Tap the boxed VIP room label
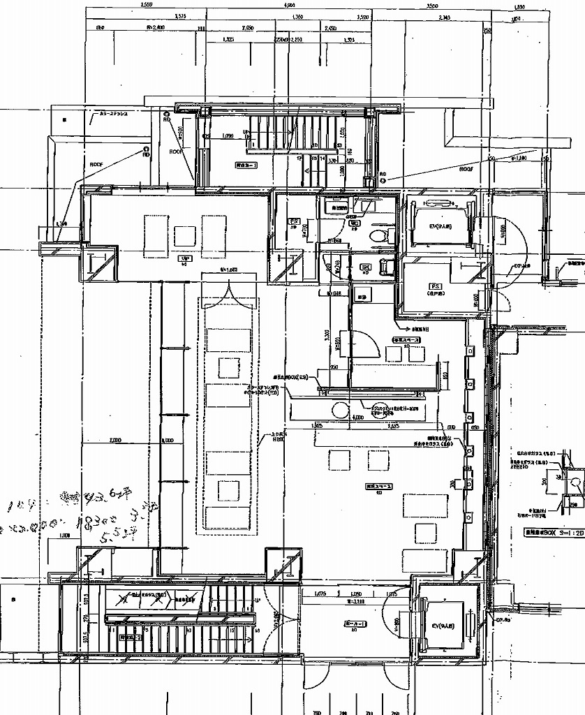pyautogui.click(x=184, y=258)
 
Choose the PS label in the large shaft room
pyautogui.click(x=435, y=287)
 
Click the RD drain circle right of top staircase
pyautogui.click(x=383, y=180)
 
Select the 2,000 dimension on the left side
pyautogui.click(x=115, y=441)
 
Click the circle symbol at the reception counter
pyautogui.click(x=339, y=409)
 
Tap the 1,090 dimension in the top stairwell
pyautogui.click(x=227, y=135)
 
